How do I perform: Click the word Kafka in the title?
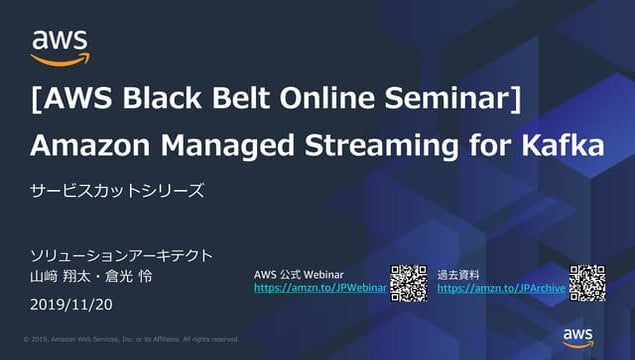coord(564,146)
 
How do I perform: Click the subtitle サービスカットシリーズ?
coord(117,191)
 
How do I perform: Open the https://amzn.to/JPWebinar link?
coord(319,288)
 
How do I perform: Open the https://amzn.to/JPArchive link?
coord(501,288)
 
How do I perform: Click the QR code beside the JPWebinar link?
coord(408,283)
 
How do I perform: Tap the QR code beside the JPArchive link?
coord(587,283)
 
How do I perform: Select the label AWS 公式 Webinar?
coord(299,273)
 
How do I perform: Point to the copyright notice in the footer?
coord(131,339)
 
